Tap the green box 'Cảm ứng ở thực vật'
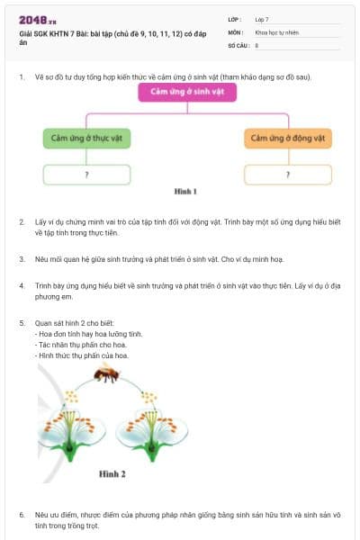coord(85,139)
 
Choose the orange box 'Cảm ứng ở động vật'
coord(287,139)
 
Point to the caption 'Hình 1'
coord(185,192)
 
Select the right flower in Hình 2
coord(149,430)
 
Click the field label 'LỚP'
coord(235,19)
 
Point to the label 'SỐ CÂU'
coord(238,44)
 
